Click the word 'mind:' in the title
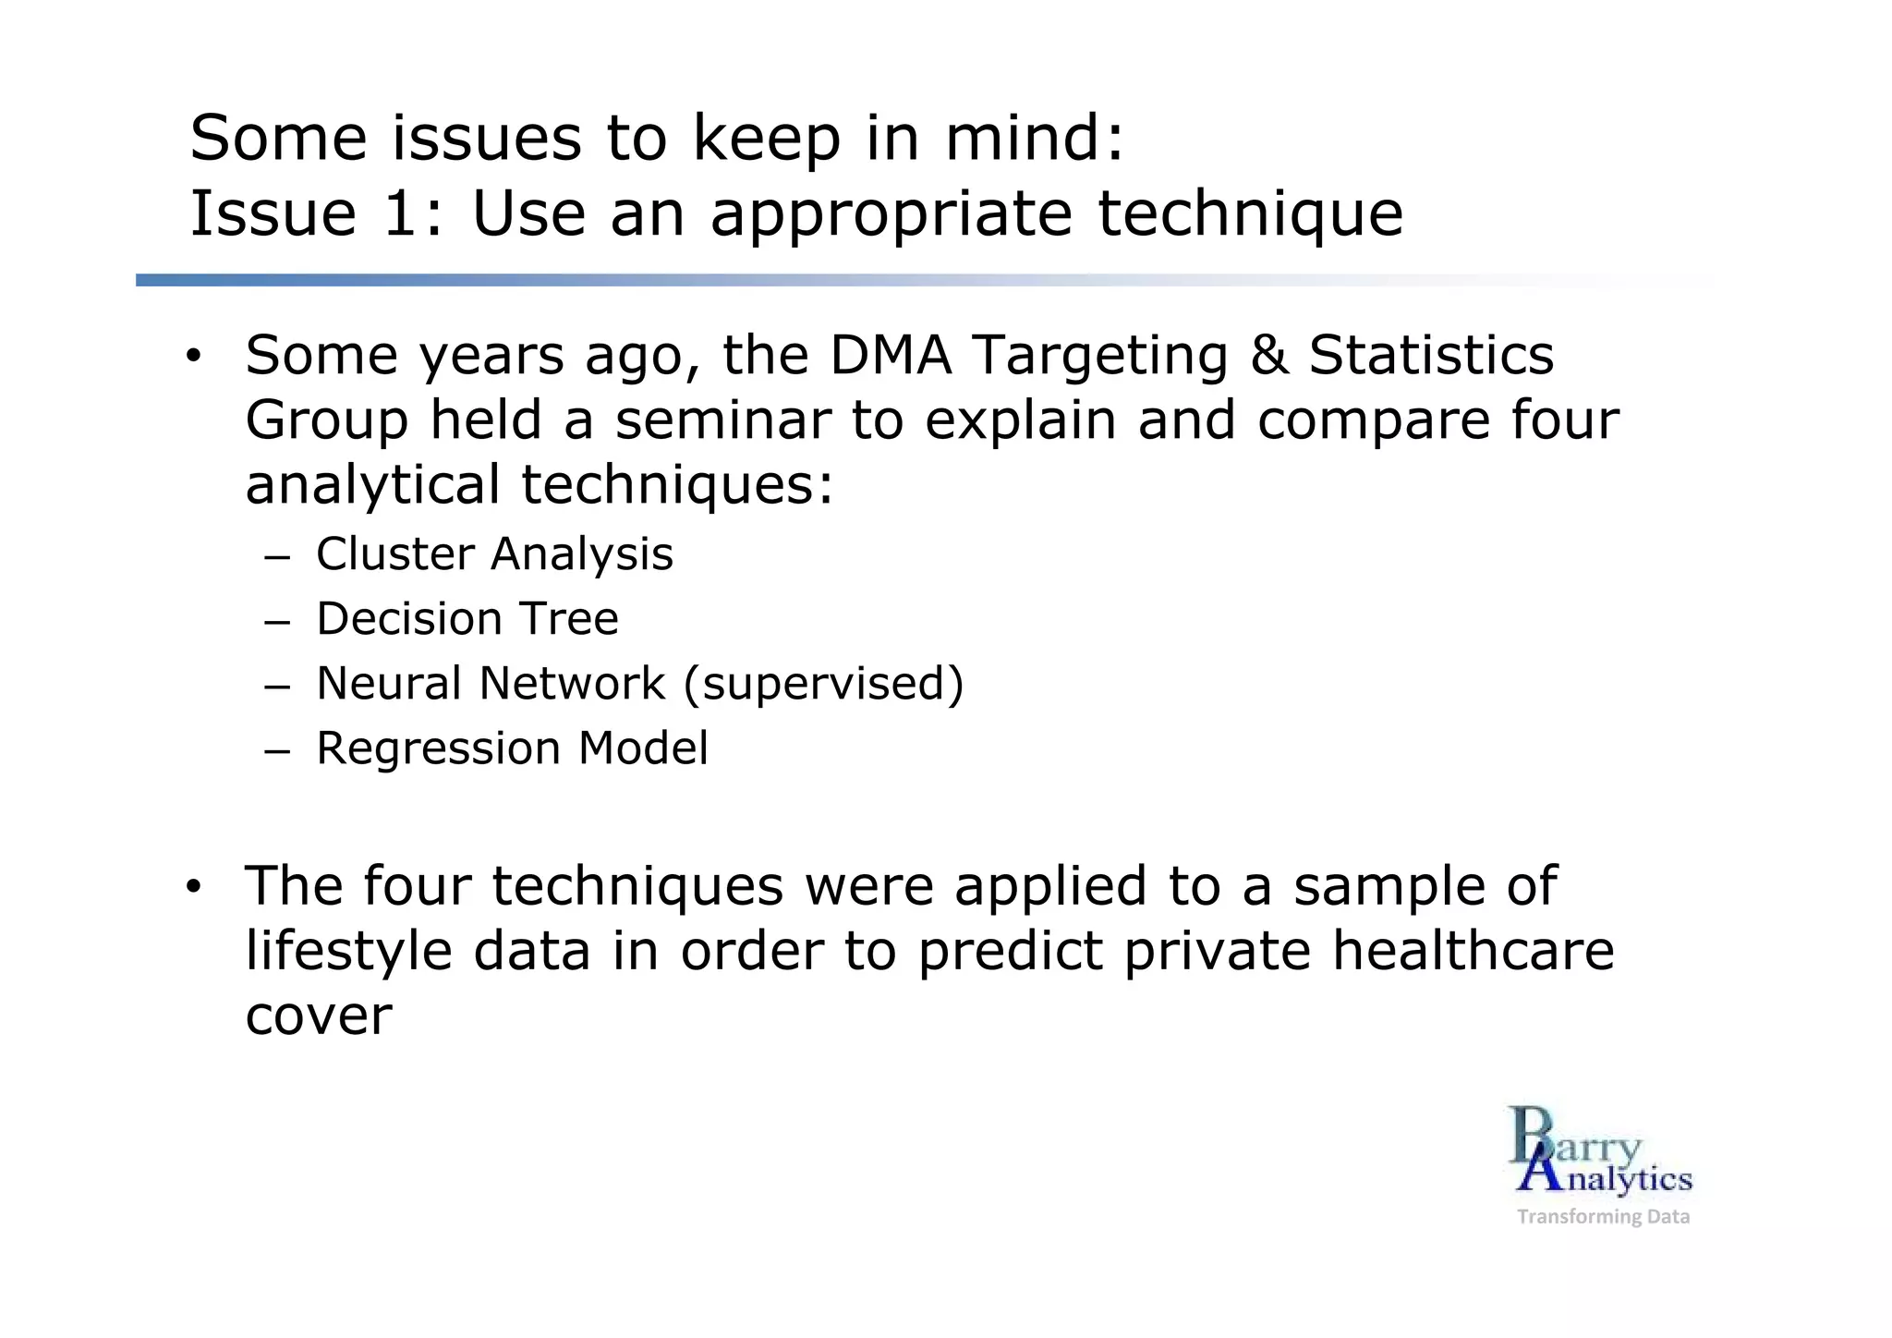[1034, 139]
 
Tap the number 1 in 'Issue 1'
[399, 214]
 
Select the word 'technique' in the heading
[1249, 214]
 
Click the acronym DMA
[890, 356]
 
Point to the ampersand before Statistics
[1269, 356]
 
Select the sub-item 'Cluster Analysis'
[494, 554]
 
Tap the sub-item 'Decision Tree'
[467, 619]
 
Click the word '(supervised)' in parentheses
[823, 685]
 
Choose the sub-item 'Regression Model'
[512, 748]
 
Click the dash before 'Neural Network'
[276, 687]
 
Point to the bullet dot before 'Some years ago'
[192, 357]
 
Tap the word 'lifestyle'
[348, 951]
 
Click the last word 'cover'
[319, 1016]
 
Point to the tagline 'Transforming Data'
[1603, 1217]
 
